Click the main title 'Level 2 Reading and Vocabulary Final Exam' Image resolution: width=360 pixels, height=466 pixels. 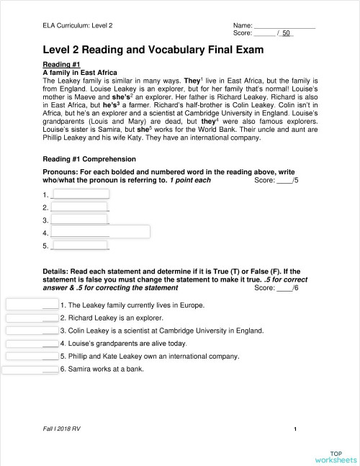tap(153, 50)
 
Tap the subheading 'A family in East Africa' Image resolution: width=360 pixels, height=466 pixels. tap(80, 73)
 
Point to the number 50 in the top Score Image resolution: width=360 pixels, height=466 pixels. tap(286, 33)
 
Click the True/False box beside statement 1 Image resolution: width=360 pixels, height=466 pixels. tap(32, 305)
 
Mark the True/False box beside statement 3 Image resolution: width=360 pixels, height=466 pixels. tap(32, 331)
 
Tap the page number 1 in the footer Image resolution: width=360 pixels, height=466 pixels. tap(296, 429)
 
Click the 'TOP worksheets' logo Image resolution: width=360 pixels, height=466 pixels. tap(335, 456)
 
